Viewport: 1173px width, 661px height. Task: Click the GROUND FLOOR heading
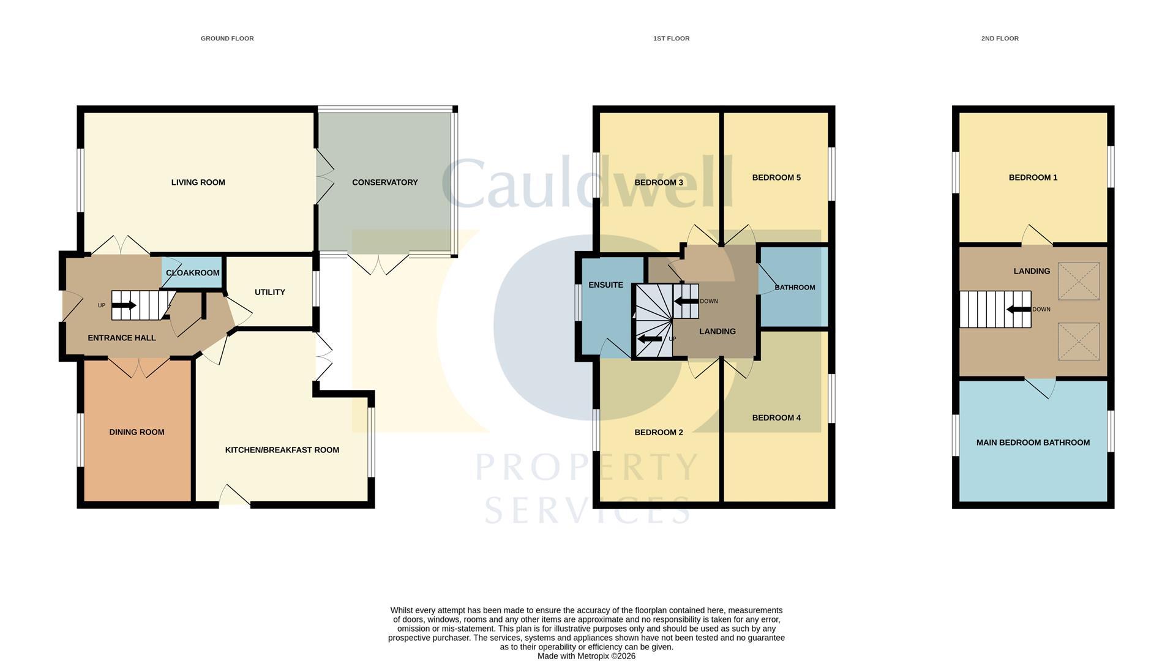(x=227, y=39)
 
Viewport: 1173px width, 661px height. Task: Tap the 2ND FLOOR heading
(x=999, y=39)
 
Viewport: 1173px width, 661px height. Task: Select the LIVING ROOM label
(x=198, y=182)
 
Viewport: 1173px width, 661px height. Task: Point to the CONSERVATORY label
(x=384, y=182)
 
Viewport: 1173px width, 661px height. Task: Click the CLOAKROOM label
(x=192, y=273)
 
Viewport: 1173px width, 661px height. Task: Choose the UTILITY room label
(x=269, y=293)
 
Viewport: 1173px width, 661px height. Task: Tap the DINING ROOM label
(x=137, y=432)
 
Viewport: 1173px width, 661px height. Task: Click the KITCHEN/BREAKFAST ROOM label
(x=282, y=450)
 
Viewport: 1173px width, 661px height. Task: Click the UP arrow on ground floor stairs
(x=124, y=305)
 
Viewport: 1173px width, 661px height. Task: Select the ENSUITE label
(x=605, y=285)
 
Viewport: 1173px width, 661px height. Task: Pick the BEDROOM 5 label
(x=776, y=177)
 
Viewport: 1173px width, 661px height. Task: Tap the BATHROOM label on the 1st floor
(x=795, y=288)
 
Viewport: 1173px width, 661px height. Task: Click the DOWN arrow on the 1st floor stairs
(x=686, y=301)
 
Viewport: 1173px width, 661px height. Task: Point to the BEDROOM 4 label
(x=776, y=418)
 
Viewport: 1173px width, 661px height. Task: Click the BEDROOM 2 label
(x=658, y=433)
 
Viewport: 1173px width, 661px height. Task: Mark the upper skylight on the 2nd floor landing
(x=1078, y=281)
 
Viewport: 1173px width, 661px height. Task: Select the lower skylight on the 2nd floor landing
(x=1078, y=342)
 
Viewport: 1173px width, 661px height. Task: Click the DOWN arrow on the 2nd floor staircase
(x=1019, y=310)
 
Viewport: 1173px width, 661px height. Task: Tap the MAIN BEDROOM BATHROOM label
(x=1032, y=443)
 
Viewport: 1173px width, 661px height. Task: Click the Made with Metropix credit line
(x=586, y=656)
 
